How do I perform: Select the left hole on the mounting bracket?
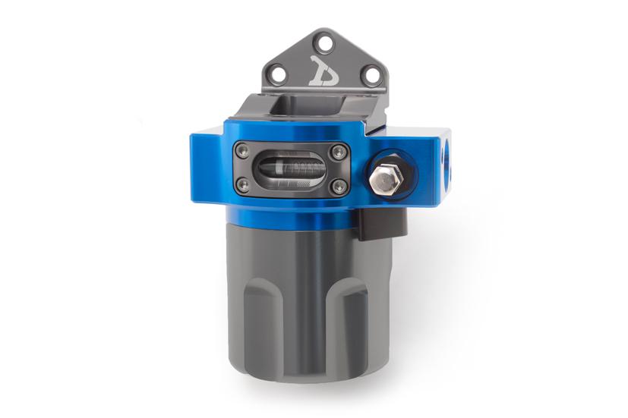pos(278,74)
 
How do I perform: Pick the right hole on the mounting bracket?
pos(371,74)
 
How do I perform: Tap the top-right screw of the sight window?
pos(339,153)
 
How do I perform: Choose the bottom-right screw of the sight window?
pos(339,186)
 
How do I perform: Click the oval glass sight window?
pos(290,168)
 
